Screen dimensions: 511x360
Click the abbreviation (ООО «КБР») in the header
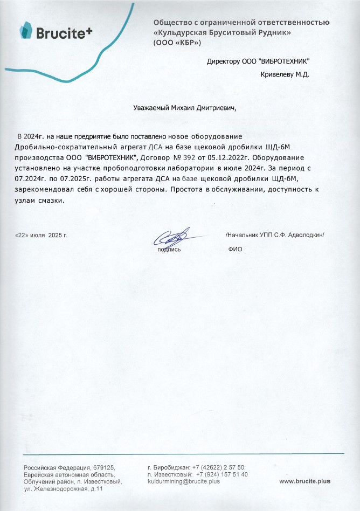tap(178, 42)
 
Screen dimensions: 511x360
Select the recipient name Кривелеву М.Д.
tap(285, 74)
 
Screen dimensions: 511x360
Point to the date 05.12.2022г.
tap(230, 158)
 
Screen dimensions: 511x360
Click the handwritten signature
tap(171, 237)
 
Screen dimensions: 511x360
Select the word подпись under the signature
tap(169, 250)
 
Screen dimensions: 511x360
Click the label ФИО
tap(236, 250)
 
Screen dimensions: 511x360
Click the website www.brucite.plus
tap(304, 480)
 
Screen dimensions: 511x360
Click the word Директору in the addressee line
tap(223, 62)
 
